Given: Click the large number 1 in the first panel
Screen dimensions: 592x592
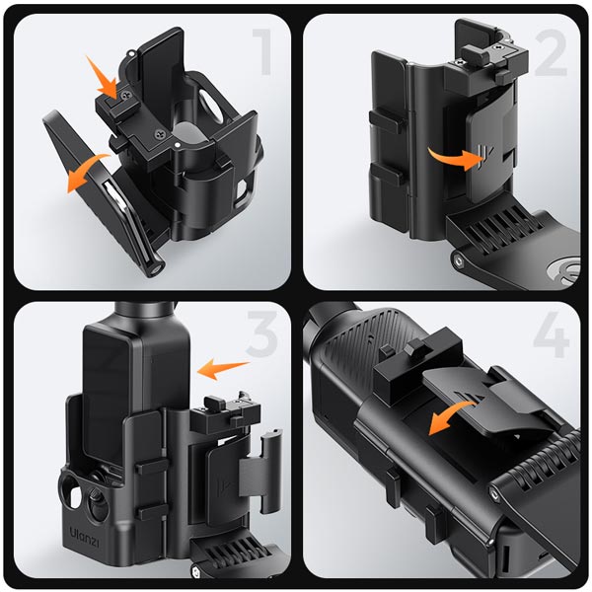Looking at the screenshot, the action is (262, 52).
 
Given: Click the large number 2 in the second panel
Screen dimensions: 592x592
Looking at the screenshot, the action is (551, 52).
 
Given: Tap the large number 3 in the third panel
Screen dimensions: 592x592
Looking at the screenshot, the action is (262, 334).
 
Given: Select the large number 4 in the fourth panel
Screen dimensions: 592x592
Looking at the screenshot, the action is (552, 334).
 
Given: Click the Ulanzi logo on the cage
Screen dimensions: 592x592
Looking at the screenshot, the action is (85, 536).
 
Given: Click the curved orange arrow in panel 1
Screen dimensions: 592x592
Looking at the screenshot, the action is (88, 171).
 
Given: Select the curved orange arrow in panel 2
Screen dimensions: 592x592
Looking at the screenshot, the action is (455, 159).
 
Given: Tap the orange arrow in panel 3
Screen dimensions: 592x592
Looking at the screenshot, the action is (223, 369).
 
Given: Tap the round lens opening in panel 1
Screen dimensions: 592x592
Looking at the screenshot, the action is (210, 105).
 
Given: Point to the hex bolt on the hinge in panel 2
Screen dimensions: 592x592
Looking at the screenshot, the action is (459, 260).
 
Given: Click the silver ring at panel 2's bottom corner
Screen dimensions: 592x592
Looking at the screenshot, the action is (564, 270).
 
